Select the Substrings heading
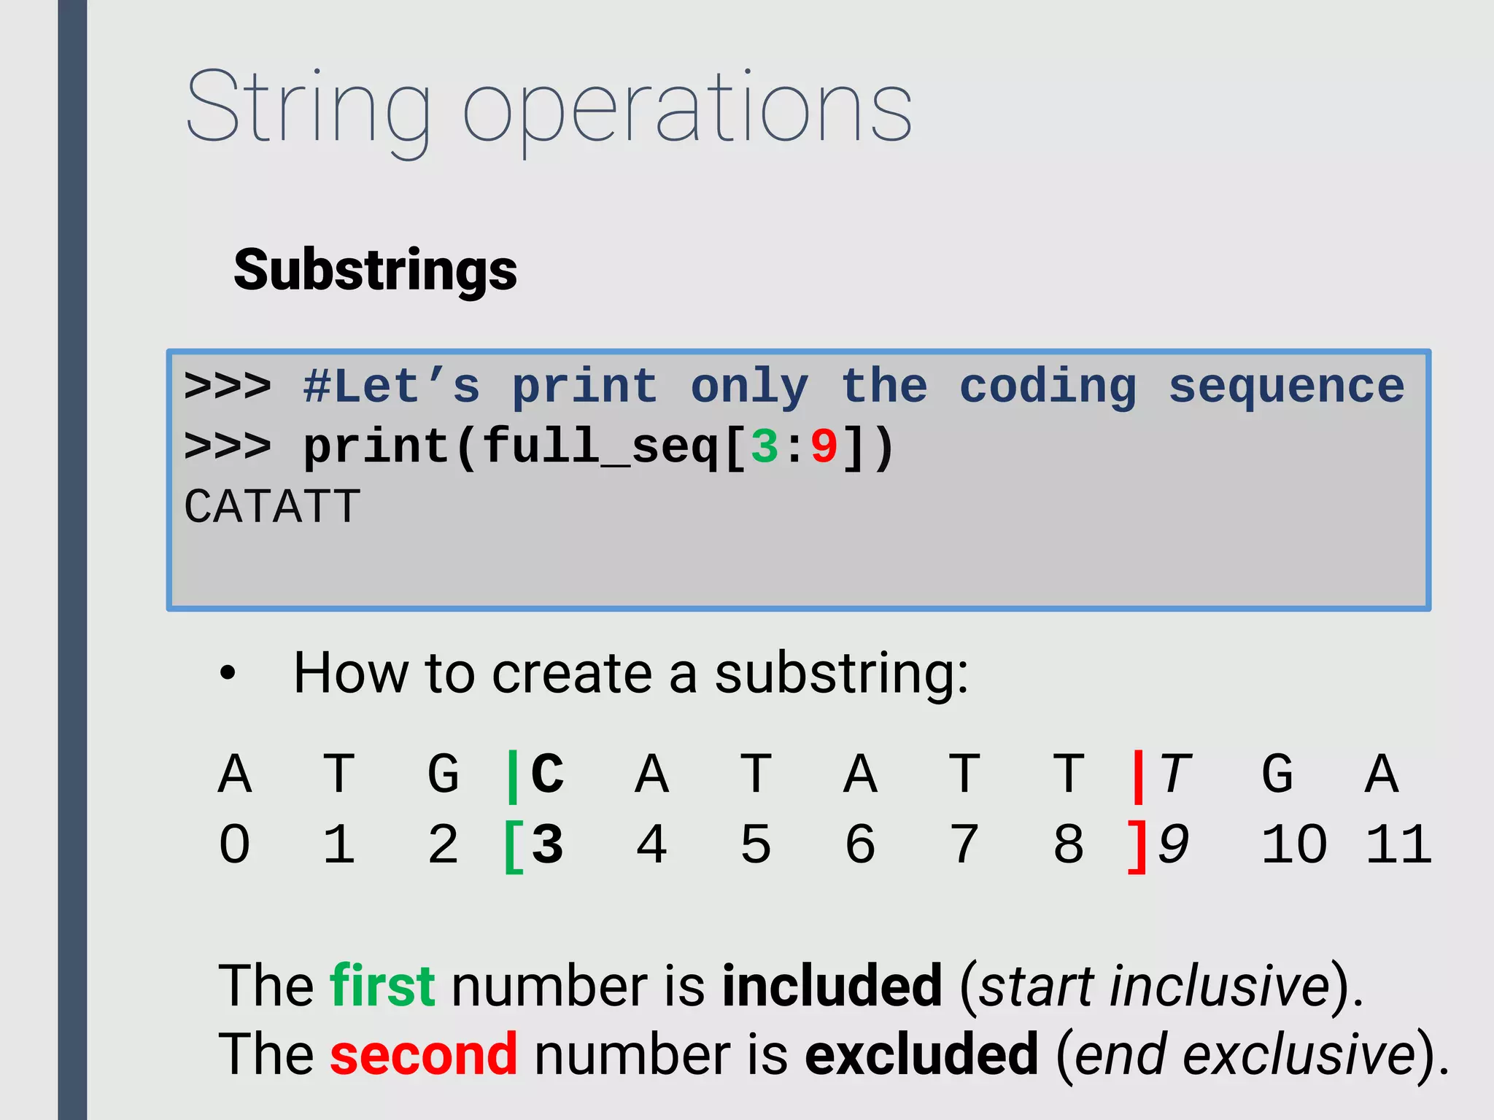pyautogui.click(x=375, y=270)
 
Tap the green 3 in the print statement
pyautogui.click(x=765, y=446)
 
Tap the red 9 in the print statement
pyautogui.click(x=824, y=446)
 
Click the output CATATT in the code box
pyautogui.click(x=272, y=506)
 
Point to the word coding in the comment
pyautogui.click(x=1048, y=386)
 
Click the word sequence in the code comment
pyautogui.click(x=1286, y=386)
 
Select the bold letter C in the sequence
pyautogui.click(x=547, y=774)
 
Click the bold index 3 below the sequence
pyautogui.click(x=547, y=844)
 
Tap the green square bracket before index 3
pyautogui.click(x=514, y=846)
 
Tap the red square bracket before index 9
pyautogui.click(x=1137, y=846)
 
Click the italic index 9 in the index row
pyautogui.click(x=1173, y=844)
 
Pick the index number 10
pyautogui.click(x=1294, y=844)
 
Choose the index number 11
pyautogui.click(x=1398, y=844)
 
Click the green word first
pyautogui.click(x=382, y=986)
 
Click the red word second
pyautogui.click(x=423, y=1054)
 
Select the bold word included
pyautogui.click(x=832, y=986)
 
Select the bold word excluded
pyautogui.click(x=921, y=1054)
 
